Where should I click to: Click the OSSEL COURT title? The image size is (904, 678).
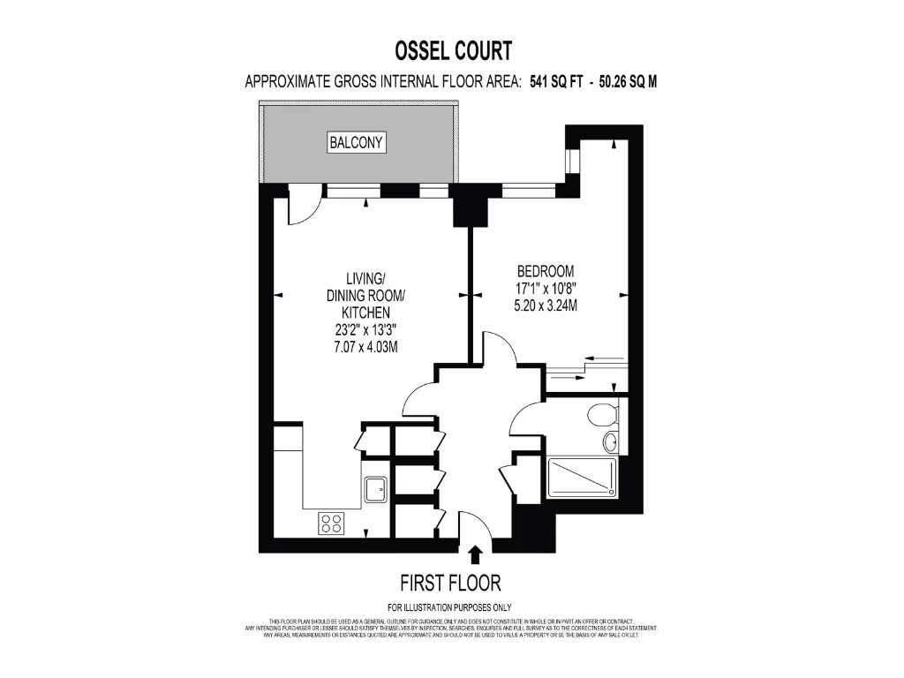point(451,49)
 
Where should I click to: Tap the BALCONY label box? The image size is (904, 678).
point(357,142)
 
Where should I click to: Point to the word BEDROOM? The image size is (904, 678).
point(545,271)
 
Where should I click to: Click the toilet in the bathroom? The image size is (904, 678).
point(605,413)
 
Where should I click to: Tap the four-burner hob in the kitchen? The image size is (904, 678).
point(332,523)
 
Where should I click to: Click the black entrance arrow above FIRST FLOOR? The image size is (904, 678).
point(475,554)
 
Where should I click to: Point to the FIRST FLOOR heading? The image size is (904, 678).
point(450,583)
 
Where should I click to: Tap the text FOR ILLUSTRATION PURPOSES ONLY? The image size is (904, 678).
point(450,606)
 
